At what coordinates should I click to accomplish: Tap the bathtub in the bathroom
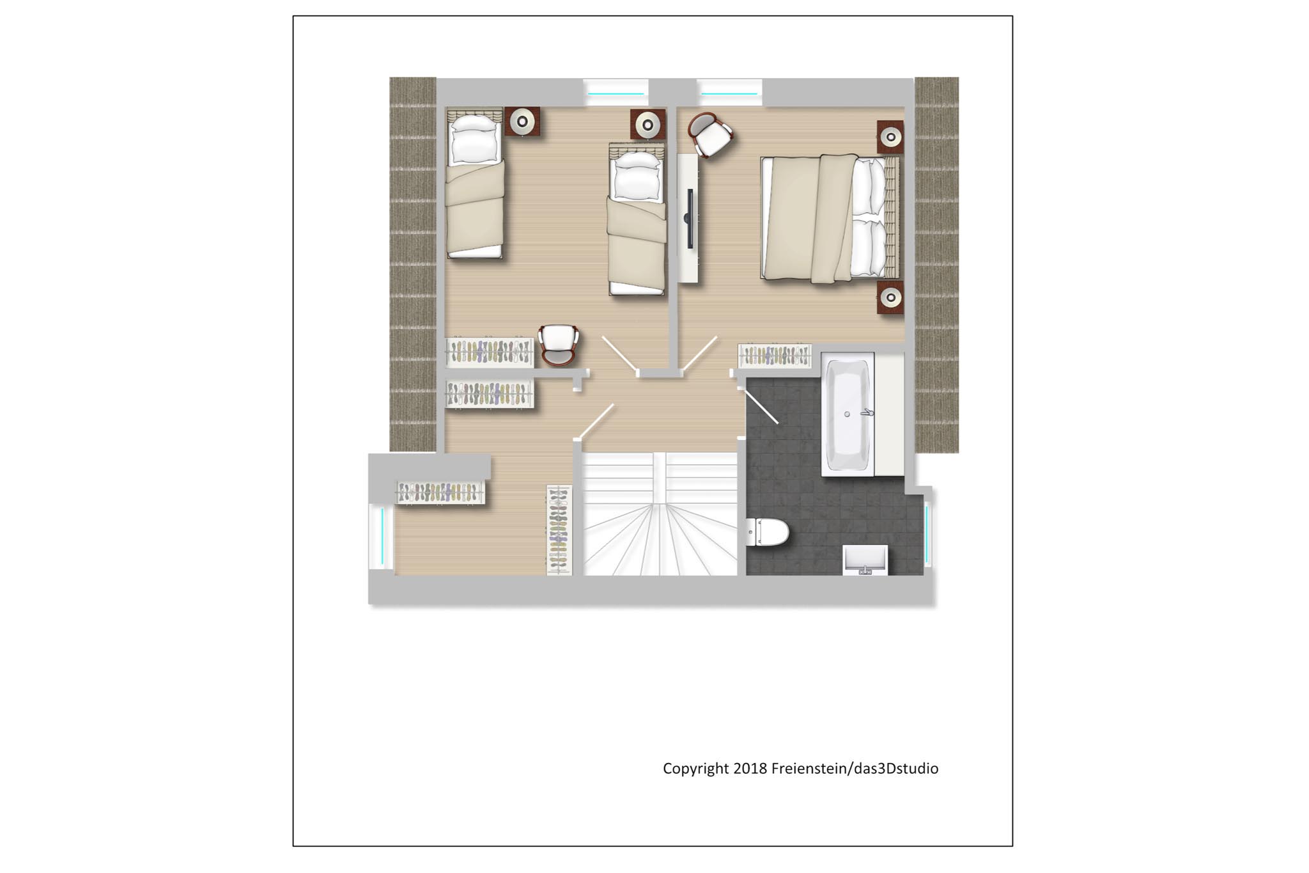point(848,414)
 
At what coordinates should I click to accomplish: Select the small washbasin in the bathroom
point(865,560)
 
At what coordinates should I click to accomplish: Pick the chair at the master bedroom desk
point(709,134)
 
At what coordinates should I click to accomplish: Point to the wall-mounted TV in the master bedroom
point(690,218)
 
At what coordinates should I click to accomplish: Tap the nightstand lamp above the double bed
point(890,137)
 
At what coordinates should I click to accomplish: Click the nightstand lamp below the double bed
point(890,297)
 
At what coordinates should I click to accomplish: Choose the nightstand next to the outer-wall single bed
point(523,122)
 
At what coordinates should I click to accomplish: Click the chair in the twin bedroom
point(559,345)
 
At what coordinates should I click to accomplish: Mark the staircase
point(661,514)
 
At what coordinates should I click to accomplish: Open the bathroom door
point(761,404)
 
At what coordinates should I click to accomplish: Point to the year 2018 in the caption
point(750,768)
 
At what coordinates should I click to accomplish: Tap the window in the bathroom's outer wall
point(927,535)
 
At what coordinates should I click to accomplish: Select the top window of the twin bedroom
point(616,92)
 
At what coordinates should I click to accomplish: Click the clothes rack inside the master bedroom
point(775,356)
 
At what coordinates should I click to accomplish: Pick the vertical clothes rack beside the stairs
point(559,530)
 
